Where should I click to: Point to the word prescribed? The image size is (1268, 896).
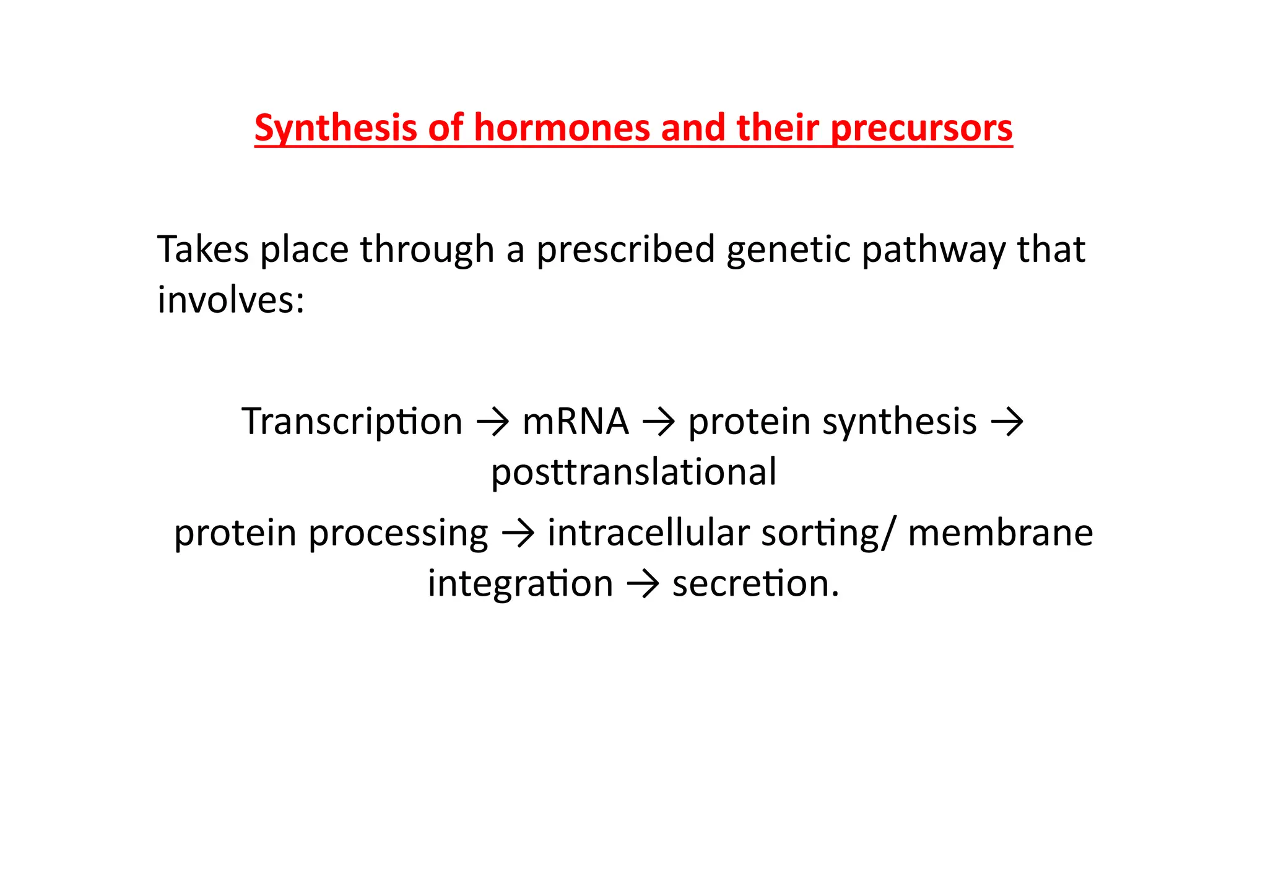[625, 250]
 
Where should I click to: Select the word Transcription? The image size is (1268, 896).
[352, 422]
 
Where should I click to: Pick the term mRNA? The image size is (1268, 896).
[576, 422]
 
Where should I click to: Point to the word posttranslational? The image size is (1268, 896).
[633, 472]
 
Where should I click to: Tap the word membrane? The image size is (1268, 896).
[1000, 533]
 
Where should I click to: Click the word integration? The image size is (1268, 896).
[520, 584]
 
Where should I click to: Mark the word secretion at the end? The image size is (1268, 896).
[755, 584]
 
